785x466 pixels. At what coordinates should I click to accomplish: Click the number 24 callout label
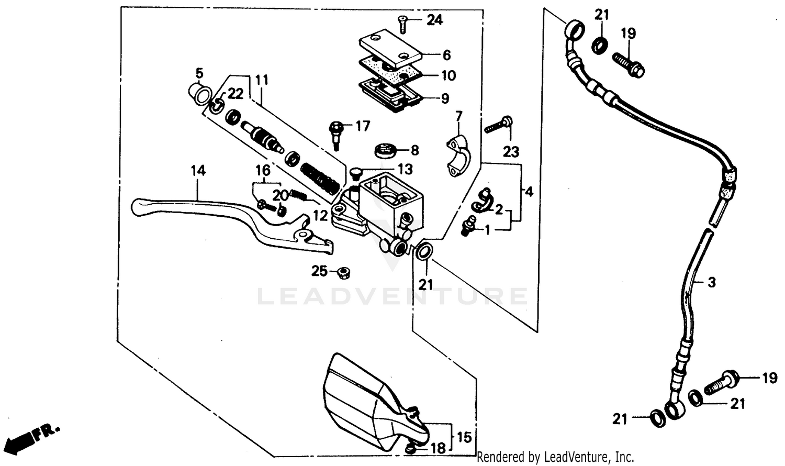pos(434,20)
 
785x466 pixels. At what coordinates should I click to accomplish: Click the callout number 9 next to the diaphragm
pos(445,98)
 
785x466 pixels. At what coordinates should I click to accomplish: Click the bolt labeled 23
pos(498,125)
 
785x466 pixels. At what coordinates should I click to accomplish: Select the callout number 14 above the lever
pos(198,170)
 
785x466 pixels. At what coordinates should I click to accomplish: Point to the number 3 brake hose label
pos(711,282)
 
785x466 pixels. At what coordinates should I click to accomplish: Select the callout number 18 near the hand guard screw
pos(438,448)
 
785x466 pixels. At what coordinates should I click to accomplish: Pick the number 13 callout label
pos(405,169)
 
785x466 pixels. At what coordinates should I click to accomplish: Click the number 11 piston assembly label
pos(262,80)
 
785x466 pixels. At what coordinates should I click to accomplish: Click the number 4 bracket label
pos(529,192)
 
